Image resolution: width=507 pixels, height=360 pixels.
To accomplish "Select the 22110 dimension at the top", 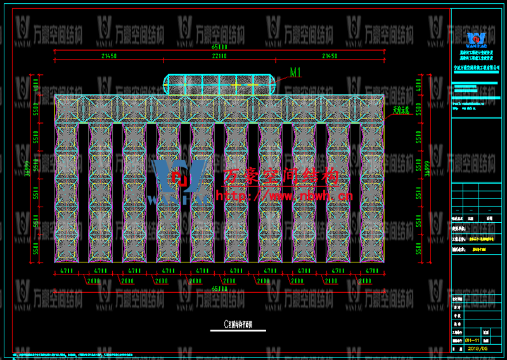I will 219,56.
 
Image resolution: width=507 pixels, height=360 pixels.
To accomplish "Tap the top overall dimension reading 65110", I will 219,46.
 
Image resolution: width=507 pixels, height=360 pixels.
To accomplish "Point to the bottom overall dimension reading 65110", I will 219,288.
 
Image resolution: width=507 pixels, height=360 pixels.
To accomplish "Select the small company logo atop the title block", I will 476,39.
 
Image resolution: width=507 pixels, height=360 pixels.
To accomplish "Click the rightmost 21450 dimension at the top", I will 330,56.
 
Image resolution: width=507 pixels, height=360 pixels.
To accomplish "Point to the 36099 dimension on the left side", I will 27,168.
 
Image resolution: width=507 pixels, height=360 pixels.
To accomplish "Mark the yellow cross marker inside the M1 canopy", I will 236,83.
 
